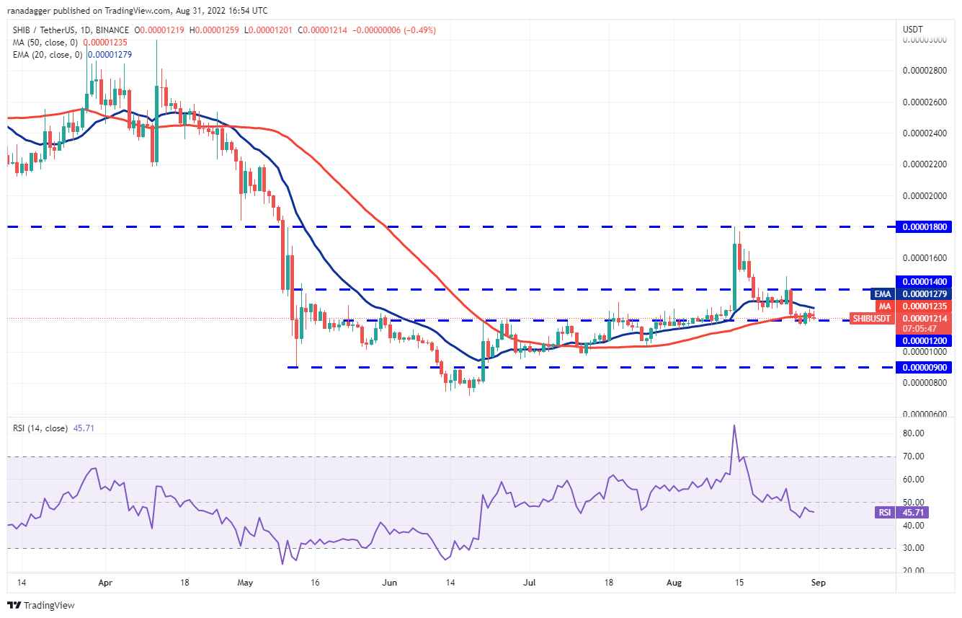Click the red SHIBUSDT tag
pyautogui.click(x=871, y=318)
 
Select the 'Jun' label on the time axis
pyautogui.click(x=391, y=583)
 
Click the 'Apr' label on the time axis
pyautogui.click(x=105, y=583)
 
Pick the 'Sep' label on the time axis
pyautogui.click(x=819, y=583)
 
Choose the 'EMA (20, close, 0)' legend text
pyautogui.click(x=46, y=55)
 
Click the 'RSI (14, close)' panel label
pyautogui.click(x=40, y=428)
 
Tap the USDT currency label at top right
pyautogui.click(x=912, y=30)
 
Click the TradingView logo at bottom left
pyautogui.click(x=41, y=605)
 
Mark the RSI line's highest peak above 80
pyautogui.click(x=734, y=425)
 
